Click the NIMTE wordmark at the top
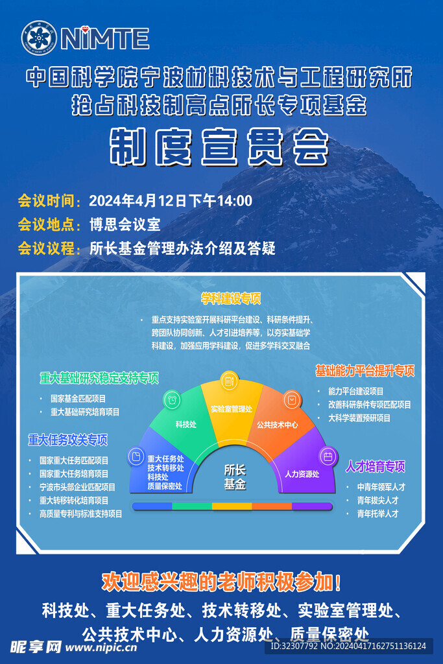pyautogui.click(x=105, y=38)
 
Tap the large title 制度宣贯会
pyautogui.click(x=219, y=147)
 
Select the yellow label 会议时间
pyautogui.click(x=47, y=201)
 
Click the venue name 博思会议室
pyautogui.click(x=125, y=224)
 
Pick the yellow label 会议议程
pyautogui.click(x=47, y=248)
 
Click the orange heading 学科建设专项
pyautogui.click(x=231, y=298)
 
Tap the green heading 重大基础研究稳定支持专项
pyautogui.click(x=99, y=378)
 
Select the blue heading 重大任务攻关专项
pyautogui.click(x=67, y=440)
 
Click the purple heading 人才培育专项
pyautogui.click(x=376, y=466)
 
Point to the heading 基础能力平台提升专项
pyautogui.click(x=365, y=370)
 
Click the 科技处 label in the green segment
pyautogui.click(x=186, y=424)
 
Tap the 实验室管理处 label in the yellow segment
pyautogui.click(x=232, y=409)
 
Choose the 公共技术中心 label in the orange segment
pyautogui.click(x=278, y=424)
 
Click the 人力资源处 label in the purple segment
pyautogui.click(x=302, y=474)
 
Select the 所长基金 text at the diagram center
pyautogui.click(x=235, y=477)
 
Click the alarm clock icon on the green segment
pyautogui.click(x=172, y=399)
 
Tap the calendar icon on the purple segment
pyautogui.click(x=328, y=456)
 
